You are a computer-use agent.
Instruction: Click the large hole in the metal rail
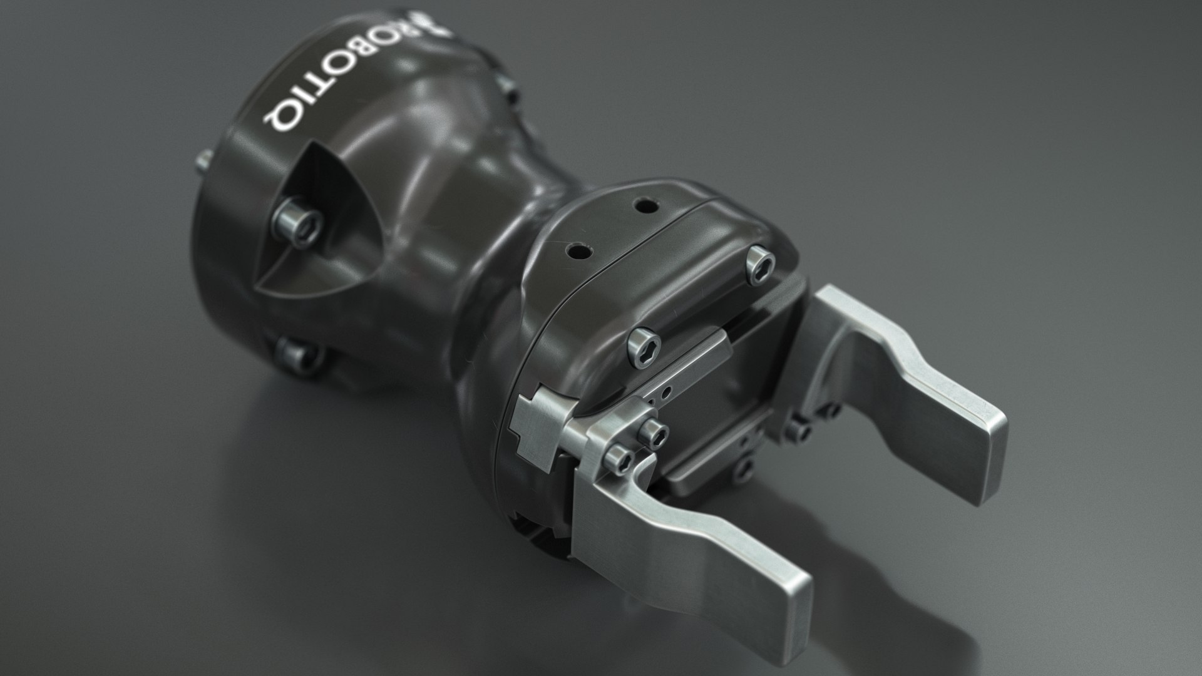[669, 392]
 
